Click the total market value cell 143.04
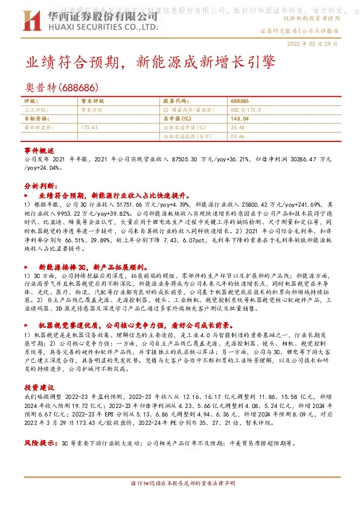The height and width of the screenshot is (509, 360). (239, 119)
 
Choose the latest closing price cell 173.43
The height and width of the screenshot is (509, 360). (89, 128)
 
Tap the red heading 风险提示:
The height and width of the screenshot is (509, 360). (40, 443)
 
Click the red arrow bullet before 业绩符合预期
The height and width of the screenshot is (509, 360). (26, 196)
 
